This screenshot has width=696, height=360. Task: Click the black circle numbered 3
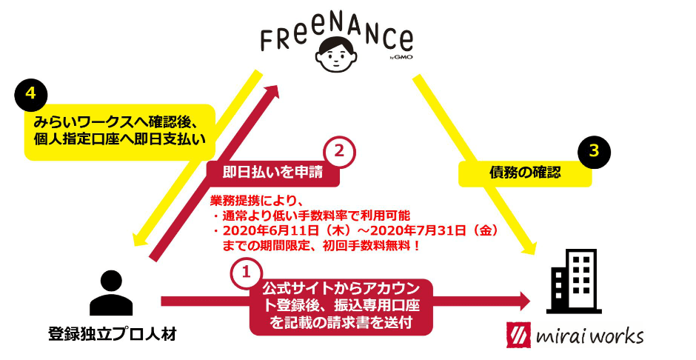(x=594, y=150)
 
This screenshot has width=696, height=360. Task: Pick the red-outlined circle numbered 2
(x=339, y=151)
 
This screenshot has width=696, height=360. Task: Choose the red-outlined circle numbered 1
(x=246, y=273)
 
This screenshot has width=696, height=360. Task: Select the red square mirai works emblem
(x=518, y=336)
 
